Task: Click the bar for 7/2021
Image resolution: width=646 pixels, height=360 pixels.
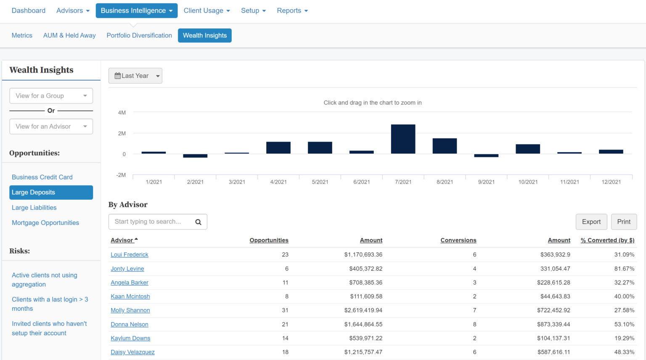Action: pos(403,139)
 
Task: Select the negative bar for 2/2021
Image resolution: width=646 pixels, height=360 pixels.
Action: pos(195,156)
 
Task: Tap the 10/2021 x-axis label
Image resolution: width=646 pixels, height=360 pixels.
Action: pos(528,182)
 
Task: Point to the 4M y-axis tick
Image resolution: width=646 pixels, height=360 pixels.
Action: pos(122,113)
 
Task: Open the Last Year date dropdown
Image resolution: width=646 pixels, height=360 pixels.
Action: pos(135,76)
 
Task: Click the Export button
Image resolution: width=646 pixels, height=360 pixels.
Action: pos(591,222)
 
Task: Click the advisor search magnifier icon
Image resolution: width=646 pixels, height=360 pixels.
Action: pos(198,222)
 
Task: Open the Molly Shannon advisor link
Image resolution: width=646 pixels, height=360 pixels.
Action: pos(130,310)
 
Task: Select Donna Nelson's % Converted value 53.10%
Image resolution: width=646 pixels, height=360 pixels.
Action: pos(624,324)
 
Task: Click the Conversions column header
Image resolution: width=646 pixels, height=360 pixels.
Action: pos(458,240)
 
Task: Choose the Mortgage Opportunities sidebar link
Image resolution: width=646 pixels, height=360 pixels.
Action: pos(45,223)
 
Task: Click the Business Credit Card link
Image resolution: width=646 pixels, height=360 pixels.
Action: pos(42,177)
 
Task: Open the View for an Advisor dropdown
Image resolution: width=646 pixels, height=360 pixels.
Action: pos(51,127)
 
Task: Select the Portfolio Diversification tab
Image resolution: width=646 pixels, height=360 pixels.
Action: pos(139,35)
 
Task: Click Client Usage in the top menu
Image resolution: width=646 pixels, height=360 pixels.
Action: pos(207,11)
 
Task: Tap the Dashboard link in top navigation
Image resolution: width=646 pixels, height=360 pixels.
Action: pos(29,11)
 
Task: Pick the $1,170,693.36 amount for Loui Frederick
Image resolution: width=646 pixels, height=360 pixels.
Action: pos(363,254)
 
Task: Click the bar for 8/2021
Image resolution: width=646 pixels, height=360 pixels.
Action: pos(445,146)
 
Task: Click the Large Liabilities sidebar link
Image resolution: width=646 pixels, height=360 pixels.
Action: pos(34,208)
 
